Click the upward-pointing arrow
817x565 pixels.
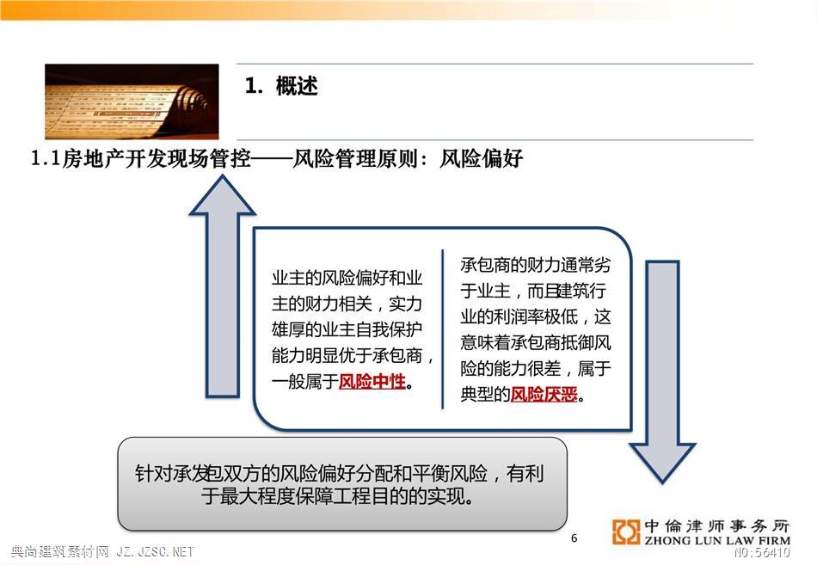pos(223,286)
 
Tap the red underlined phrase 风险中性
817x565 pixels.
pos(372,382)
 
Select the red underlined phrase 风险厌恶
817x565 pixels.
pos(544,395)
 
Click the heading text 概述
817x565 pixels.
pos(297,86)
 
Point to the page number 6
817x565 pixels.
pos(574,537)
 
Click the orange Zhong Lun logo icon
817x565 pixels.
pos(626,532)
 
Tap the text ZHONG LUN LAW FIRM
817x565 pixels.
pos(717,541)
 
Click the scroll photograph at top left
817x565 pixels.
pos(132,101)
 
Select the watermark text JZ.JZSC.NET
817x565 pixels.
pos(155,551)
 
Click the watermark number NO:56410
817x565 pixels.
pos(762,552)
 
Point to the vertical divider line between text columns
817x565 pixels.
pos(443,329)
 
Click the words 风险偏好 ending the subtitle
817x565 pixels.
pos(481,158)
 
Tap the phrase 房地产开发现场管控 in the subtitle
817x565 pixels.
pos(157,158)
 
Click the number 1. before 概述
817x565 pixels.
pos(254,86)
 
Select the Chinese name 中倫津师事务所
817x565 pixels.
pos(717,526)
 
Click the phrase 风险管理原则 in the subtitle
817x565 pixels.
pos(355,158)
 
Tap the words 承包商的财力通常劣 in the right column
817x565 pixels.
pos(535,265)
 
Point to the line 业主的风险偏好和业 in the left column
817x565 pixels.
pos(347,278)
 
